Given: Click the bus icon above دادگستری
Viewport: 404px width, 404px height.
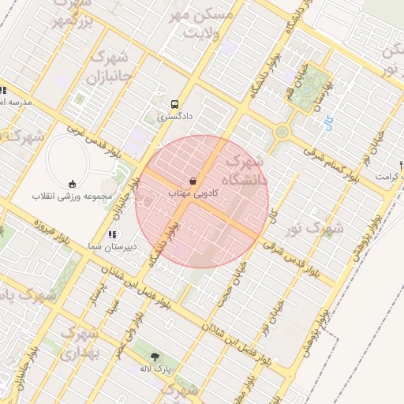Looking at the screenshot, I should (175, 103).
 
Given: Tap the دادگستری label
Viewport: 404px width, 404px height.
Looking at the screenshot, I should (174, 116).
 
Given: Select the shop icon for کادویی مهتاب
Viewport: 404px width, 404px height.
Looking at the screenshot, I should (194, 181).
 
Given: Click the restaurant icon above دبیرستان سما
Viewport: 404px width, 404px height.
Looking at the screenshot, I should (112, 234).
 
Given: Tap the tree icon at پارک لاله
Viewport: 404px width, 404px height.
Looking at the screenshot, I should (155, 357).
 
